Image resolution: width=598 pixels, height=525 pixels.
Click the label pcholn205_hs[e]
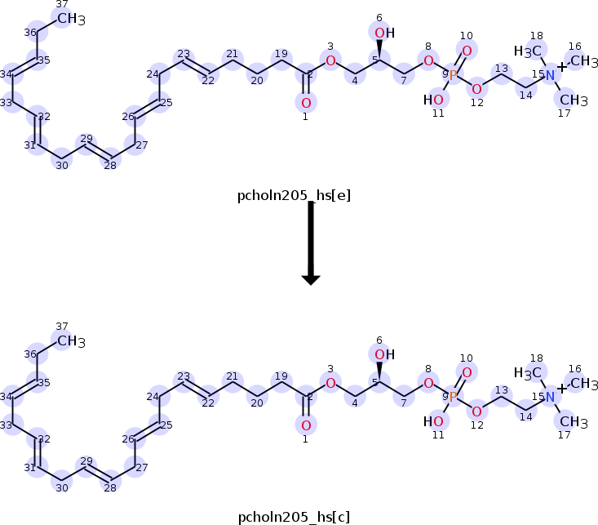pos(294,195)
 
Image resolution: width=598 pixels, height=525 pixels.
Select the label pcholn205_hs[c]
pos(294,517)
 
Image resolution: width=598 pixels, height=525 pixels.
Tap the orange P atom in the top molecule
pos(453,74)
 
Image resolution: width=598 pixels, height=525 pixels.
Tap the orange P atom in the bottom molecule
pos(453,396)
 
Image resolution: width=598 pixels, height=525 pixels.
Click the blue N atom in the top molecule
pos(550,75)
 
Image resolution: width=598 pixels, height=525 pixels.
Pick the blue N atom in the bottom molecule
pos(550,397)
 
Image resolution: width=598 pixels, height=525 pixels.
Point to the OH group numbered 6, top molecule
pos(383,33)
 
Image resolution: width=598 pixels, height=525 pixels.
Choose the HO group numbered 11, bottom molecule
pos(434,421)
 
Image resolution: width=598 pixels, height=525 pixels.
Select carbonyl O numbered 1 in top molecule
pos(305,103)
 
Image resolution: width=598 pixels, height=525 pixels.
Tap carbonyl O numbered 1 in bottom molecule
pos(305,425)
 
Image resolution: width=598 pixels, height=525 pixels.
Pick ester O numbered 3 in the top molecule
pos(330,60)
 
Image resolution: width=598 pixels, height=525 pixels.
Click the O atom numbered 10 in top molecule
pos(467,51)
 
